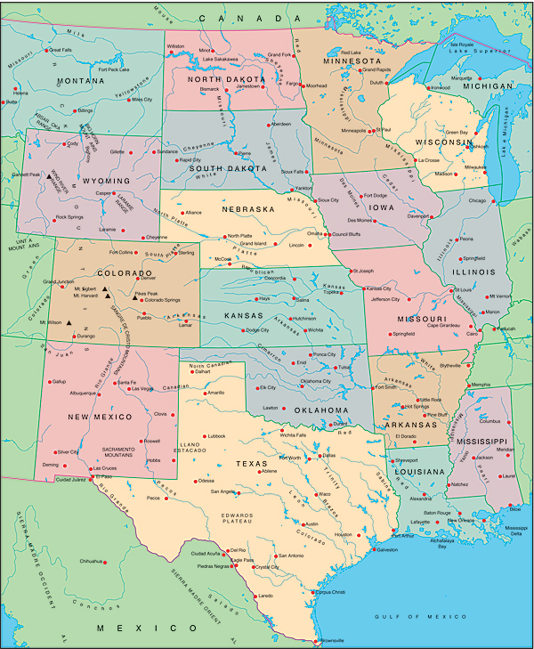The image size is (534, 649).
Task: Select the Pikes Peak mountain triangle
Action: [x=135, y=299]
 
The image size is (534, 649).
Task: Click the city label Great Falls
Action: [x=60, y=50]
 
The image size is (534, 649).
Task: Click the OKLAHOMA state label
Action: [x=318, y=410]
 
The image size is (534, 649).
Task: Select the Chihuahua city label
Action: [x=92, y=562]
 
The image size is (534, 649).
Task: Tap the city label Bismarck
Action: [x=209, y=89]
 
